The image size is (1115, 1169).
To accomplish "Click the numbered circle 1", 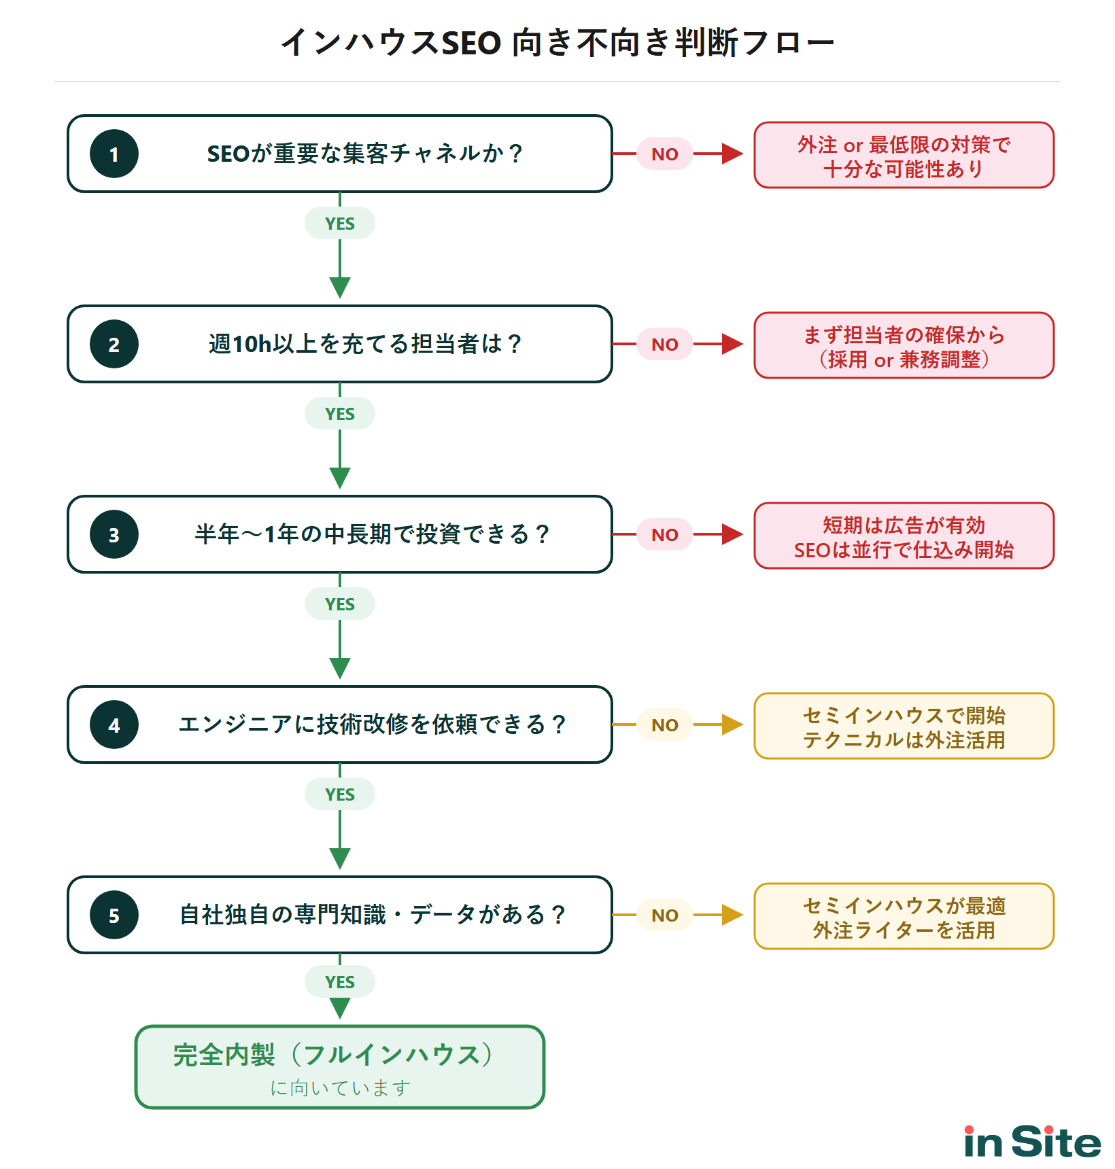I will pyautogui.click(x=114, y=154).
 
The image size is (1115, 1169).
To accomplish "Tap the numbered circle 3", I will pyautogui.click(x=114, y=534).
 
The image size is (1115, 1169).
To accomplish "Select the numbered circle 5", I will pyautogui.click(x=114, y=915).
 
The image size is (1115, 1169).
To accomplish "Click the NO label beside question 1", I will pyautogui.click(x=664, y=154).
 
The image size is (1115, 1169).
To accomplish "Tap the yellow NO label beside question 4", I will pyautogui.click(x=664, y=725).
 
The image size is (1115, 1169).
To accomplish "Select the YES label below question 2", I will pyautogui.click(x=339, y=414).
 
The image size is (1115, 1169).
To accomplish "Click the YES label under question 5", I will pyautogui.click(x=339, y=982).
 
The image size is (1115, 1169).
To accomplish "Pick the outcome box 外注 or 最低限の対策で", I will pyautogui.click(x=904, y=156).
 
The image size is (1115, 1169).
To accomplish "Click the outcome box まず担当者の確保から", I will pyautogui.click(x=904, y=346).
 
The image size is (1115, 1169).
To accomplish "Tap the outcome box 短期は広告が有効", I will pyautogui.click(x=904, y=536).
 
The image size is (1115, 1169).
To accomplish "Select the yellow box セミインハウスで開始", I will pyautogui.click(x=904, y=727).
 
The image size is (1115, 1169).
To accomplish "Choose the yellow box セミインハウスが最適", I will pyautogui.click(x=904, y=917).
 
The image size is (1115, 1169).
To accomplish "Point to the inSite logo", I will pyautogui.click(x=1032, y=1142).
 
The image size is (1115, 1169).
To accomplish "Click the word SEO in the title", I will pyautogui.click(x=471, y=43).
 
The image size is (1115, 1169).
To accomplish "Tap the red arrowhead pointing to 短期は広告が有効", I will pyautogui.click(x=732, y=534).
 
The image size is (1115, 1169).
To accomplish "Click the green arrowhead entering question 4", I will pyautogui.click(x=339, y=668).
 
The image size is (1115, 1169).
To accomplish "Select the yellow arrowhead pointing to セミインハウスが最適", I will pyautogui.click(x=732, y=915).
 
